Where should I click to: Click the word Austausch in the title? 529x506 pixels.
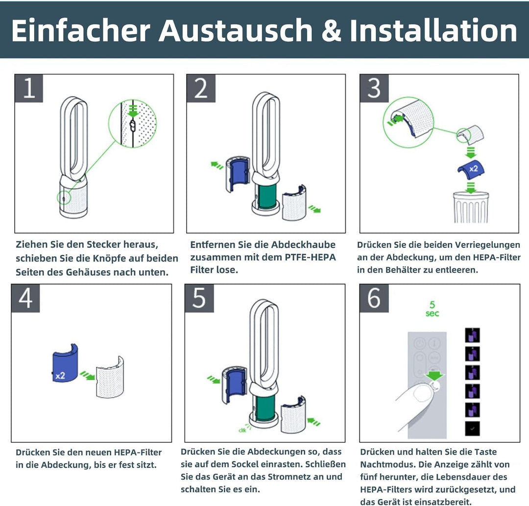(x=235, y=31)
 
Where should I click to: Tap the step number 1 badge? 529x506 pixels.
(x=29, y=89)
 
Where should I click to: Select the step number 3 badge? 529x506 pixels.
(x=374, y=89)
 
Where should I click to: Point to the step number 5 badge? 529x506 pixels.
(x=199, y=298)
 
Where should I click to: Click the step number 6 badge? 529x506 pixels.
(x=374, y=298)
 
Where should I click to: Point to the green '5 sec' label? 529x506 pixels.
(x=432, y=309)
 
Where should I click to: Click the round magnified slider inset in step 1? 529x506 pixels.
(x=133, y=124)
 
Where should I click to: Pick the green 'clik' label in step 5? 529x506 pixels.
(x=242, y=431)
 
